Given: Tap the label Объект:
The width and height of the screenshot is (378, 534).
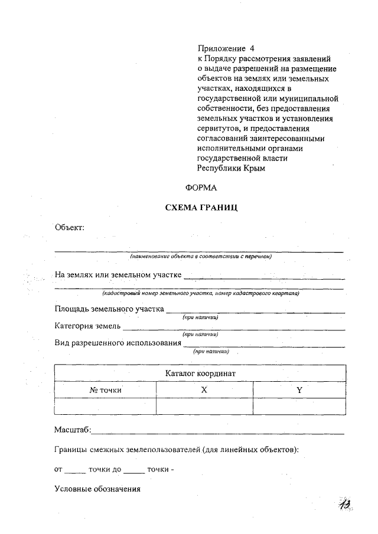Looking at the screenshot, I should [70, 227].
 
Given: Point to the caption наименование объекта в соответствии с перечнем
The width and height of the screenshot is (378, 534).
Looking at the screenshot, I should [200, 257].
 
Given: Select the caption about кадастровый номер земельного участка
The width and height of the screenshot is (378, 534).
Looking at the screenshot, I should [200, 293].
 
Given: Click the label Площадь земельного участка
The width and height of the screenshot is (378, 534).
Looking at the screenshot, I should [109, 309].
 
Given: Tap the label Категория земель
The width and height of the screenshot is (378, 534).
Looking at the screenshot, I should [88, 326].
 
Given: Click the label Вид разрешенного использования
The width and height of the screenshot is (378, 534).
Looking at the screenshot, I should [118, 342].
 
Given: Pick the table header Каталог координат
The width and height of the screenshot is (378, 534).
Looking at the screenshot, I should [200, 374].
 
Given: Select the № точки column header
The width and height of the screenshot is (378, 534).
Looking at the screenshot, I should [105, 390].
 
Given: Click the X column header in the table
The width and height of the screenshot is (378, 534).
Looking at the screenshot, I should [204, 390].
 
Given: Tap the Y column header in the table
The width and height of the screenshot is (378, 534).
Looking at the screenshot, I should [299, 390].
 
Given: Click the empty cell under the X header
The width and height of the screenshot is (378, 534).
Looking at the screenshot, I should [204, 407].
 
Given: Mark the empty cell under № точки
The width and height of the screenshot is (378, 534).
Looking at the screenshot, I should [105, 407].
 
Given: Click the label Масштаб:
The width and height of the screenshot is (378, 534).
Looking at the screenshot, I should [73, 431].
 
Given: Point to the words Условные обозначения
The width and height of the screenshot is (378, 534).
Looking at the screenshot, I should [97, 489].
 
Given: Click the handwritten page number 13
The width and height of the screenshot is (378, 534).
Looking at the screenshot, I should [345, 505].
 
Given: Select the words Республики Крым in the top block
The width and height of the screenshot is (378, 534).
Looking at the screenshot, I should [232, 168].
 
